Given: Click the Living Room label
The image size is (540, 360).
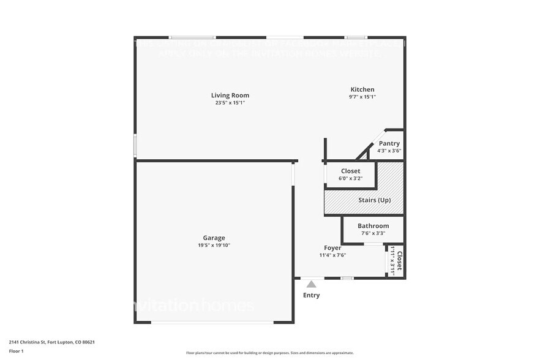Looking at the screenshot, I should click(230, 96).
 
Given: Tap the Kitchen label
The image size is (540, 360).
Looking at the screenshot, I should click(362, 89).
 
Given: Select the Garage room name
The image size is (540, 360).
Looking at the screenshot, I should click(214, 238).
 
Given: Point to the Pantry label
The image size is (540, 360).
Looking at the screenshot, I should click(389, 143).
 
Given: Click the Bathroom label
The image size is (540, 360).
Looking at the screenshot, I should click(373, 226).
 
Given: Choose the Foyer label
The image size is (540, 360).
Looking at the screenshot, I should click(332, 248).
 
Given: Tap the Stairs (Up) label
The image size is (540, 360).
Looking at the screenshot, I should click(374, 200).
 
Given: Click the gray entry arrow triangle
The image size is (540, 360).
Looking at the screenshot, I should click(311, 284).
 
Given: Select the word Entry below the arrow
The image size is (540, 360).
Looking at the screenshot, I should click(311, 295).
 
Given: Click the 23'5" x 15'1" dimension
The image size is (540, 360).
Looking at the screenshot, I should click(230, 103).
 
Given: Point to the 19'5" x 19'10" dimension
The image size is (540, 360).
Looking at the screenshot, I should click(214, 245).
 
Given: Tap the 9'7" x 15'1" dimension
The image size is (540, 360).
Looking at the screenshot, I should click(362, 97).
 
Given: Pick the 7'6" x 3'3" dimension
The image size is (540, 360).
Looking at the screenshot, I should click(373, 233).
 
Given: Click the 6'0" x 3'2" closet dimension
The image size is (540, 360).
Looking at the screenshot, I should click(350, 179).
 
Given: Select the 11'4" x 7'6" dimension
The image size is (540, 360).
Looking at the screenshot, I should click(332, 255).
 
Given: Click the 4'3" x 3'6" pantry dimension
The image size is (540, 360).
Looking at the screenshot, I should click(389, 151).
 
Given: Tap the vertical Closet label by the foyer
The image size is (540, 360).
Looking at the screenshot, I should click(399, 261).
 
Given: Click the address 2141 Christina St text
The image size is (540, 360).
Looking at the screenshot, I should click(51, 342).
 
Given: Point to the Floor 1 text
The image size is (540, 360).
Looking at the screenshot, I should click(16, 351).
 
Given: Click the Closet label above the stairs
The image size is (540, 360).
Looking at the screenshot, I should click(350, 171).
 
